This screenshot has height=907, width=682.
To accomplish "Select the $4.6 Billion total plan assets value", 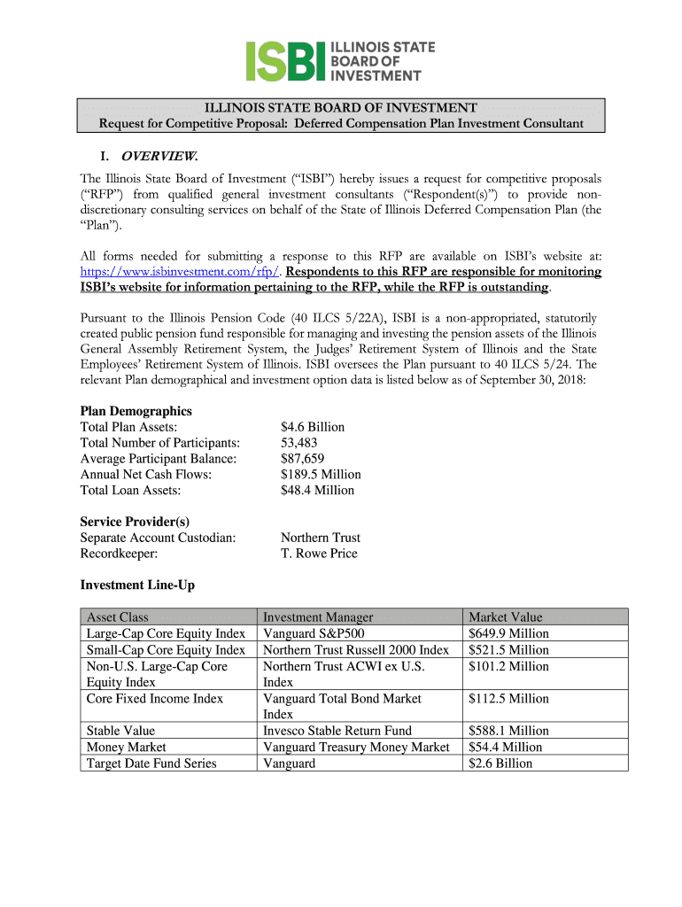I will click(313, 427).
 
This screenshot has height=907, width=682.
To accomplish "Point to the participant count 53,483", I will click(298, 443).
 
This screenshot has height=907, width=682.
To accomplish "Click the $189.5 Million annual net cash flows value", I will click(321, 475).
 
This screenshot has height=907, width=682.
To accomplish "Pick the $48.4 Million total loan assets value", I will click(317, 491).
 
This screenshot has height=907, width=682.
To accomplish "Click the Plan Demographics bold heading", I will click(136, 411).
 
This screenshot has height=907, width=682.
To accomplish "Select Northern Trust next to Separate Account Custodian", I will click(321, 538).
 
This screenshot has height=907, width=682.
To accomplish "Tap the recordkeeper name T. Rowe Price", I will click(319, 554).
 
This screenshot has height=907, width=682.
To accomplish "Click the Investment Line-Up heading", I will click(137, 585).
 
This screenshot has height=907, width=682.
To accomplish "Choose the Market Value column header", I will click(505, 617).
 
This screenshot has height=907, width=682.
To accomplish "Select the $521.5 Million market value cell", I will click(508, 650).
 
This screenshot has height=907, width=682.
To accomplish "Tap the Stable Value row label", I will click(120, 731).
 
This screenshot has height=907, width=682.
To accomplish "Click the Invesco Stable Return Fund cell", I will click(337, 731).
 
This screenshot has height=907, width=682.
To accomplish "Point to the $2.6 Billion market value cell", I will click(500, 763).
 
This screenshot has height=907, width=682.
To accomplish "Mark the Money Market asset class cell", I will click(127, 747).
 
